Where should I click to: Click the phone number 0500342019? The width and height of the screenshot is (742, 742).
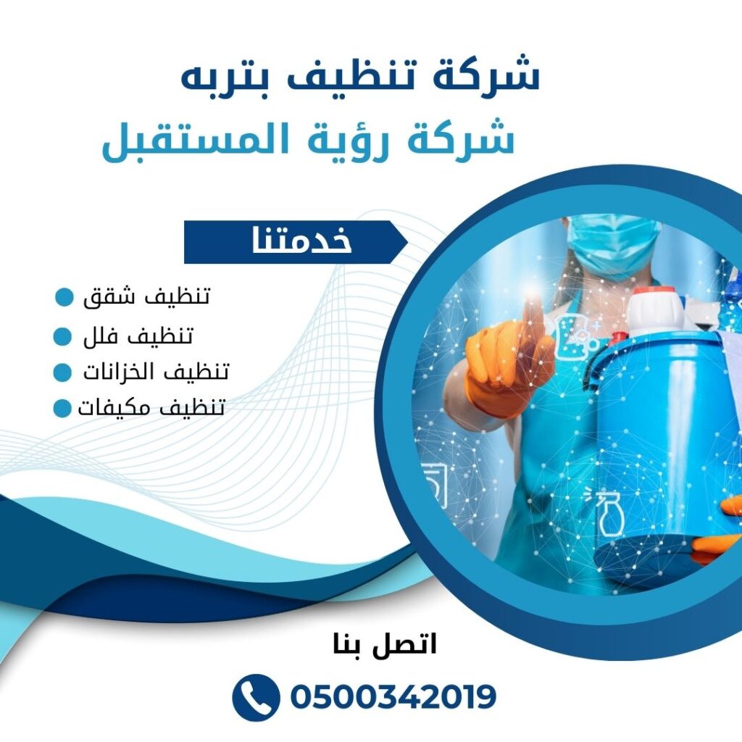pyautogui.click(x=393, y=697)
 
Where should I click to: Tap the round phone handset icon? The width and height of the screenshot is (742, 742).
pyautogui.click(x=256, y=697)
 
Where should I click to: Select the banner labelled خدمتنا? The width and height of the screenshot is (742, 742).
pyautogui.click(x=293, y=242)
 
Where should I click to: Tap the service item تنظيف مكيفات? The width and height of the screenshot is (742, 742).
pyautogui.click(x=151, y=407)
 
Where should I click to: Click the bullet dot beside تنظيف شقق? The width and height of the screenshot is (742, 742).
pyautogui.click(x=64, y=297)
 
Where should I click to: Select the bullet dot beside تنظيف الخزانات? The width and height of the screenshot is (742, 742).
pyautogui.click(x=63, y=373)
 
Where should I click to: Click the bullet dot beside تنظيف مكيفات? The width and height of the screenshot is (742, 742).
pyautogui.click(x=62, y=409)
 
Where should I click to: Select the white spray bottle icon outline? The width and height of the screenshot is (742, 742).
pyautogui.click(x=607, y=516)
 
